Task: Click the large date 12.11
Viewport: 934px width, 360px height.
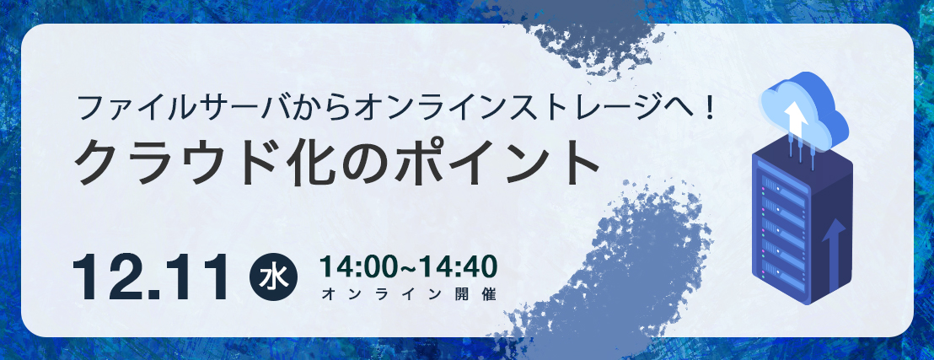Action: pos(151,277)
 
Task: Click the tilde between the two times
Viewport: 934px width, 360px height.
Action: pos(407,267)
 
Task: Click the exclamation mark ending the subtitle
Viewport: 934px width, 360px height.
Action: pos(709,109)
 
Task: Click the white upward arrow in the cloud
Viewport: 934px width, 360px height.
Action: pos(796,118)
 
